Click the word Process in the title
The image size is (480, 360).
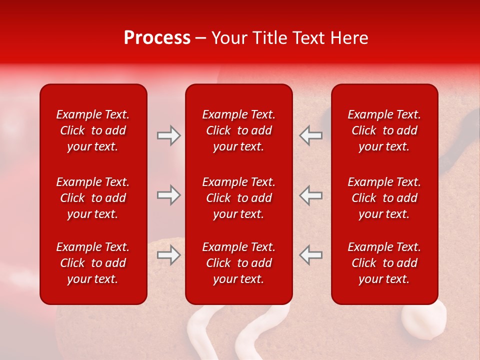click(x=157, y=38)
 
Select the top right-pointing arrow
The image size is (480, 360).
click(x=169, y=135)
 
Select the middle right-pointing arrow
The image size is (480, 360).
click(x=169, y=195)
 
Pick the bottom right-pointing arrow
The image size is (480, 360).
click(x=169, y=255)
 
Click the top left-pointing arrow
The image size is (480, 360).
click(x=310, y=135)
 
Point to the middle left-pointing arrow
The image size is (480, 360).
click(x=310, y=195)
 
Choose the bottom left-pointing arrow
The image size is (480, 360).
click(x=310, y=255)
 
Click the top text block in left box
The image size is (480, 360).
click(x=93, y=130)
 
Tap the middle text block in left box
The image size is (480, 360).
click(x=93, y=198)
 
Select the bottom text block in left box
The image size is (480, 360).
click(x=93, y=263)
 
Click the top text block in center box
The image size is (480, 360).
click(x=238, y=130)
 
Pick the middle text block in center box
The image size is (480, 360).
click(x=238, y=198)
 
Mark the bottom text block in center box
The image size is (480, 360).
click(x=238, y=263)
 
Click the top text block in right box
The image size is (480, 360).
click(x=384, y=130)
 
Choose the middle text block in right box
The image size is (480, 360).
click(x=384, y=198)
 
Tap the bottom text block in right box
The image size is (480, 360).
click(x=384, y=263)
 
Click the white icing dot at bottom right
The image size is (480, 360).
click(x=424, y=320)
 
